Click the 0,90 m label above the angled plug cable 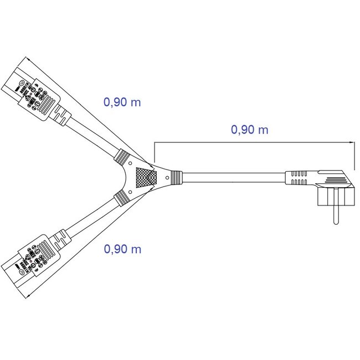[249, 130]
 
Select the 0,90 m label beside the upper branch [122, 102]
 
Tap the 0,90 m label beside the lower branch [122, 249]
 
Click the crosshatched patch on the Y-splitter [146, 178]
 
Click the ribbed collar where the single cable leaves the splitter [176, 178]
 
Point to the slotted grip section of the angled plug [298, 178]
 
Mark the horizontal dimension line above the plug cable [255, 142]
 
